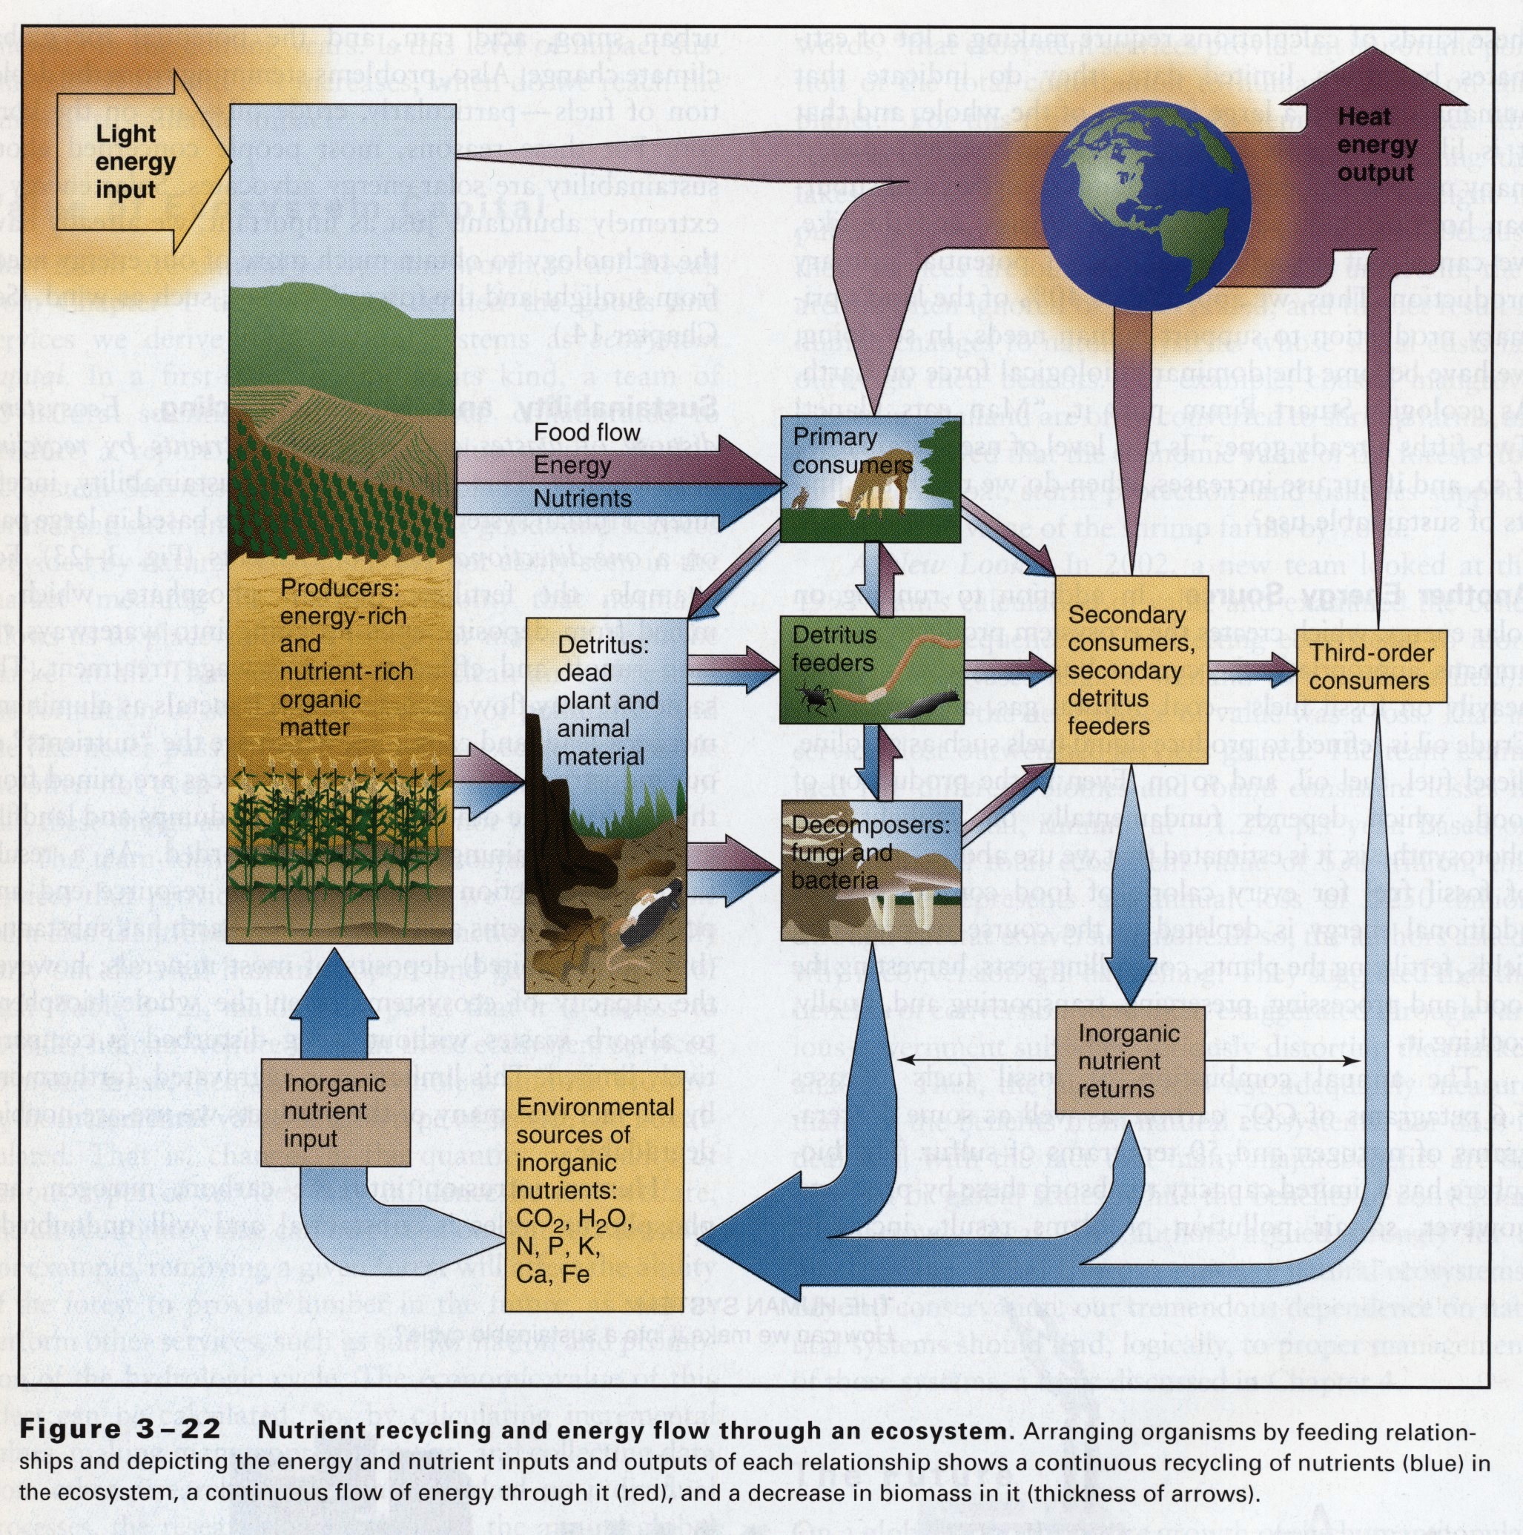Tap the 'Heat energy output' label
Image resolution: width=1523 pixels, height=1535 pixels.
pos(1376,145)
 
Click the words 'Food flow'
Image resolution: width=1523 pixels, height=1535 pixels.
pos(587,432)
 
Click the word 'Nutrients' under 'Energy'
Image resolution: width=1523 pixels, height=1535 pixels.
pos(582,498)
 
